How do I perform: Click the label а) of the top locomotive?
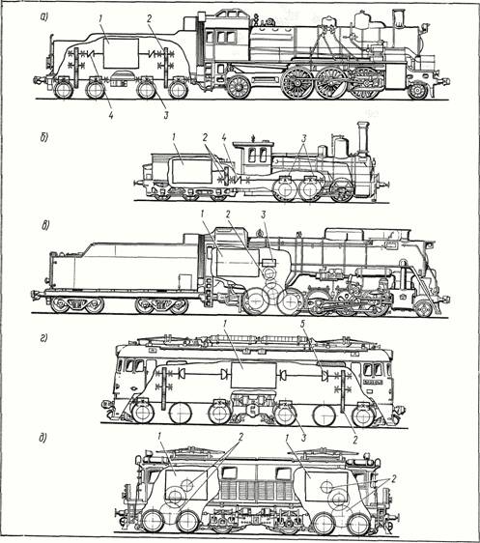44,16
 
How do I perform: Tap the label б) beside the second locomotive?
43,137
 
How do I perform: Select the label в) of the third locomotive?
45,226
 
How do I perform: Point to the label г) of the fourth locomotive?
43,338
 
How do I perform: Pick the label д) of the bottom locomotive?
42,438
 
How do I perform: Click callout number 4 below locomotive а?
111,115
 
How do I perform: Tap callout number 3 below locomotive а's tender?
166,115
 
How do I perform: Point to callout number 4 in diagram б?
224,137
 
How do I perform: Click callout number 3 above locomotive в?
264,214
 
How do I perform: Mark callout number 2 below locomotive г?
354,440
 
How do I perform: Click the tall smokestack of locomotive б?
363,138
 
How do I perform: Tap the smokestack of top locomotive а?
399,17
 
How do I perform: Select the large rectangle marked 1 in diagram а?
121,53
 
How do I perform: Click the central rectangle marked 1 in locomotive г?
254,376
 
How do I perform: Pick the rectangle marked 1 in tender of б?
192,171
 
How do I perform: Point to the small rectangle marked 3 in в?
269,262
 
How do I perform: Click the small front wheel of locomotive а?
418,91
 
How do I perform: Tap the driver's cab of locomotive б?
253,157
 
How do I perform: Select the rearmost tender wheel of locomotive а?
64,90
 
